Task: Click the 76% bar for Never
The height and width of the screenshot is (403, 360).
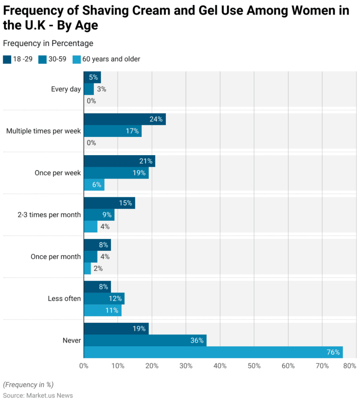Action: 213,352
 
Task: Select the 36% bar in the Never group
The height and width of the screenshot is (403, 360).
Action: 145,340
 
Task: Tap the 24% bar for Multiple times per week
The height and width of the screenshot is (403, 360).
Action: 124,119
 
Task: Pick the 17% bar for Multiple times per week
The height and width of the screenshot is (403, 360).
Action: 112,131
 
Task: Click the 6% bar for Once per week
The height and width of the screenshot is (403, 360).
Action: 94,185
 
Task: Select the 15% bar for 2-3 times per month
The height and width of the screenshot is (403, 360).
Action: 109,203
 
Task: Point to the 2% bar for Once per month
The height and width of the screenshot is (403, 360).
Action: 87,269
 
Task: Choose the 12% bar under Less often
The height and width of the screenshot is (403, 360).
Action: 104,299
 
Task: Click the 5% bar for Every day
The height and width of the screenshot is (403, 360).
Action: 92,77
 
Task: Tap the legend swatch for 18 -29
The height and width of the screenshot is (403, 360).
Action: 7,60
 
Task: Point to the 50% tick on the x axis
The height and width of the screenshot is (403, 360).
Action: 254,366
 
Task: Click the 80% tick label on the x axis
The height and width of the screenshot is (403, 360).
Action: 349,366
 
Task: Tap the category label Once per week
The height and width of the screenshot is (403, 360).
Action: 57,173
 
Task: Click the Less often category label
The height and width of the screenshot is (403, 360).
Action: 64,299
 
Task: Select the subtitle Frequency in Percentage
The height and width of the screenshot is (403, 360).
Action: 48,44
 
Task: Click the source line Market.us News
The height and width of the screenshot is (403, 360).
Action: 38,396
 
